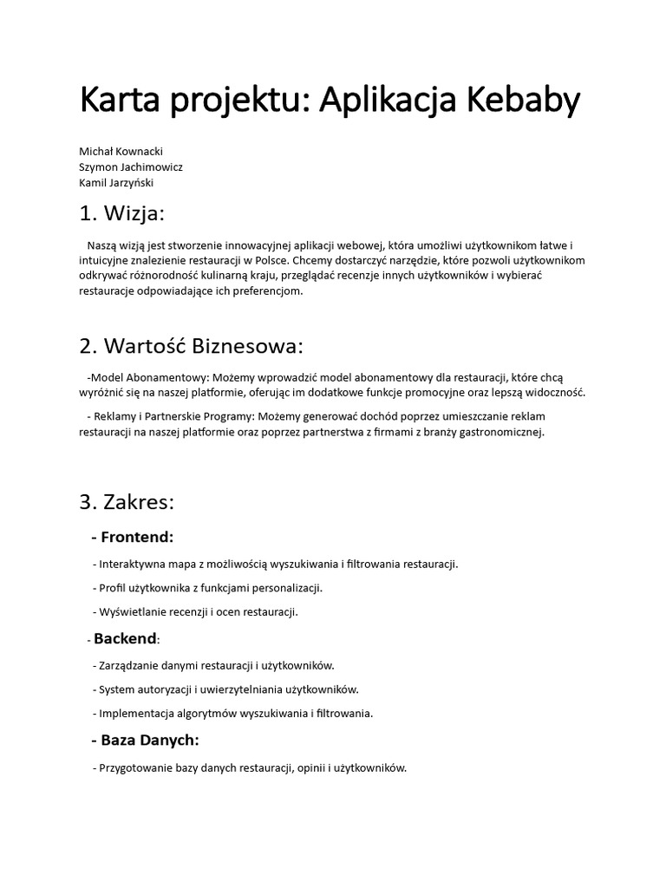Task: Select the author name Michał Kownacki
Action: tap(121, 151)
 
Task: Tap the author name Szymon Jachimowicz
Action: tap(131, 166)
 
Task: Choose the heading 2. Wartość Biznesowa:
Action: tap(192, 346)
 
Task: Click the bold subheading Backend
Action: tap(126, 639)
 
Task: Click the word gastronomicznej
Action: tap(499, 432)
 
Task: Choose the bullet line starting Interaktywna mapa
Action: tap(277, 564)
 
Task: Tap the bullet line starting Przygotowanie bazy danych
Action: tap(252, 767)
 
